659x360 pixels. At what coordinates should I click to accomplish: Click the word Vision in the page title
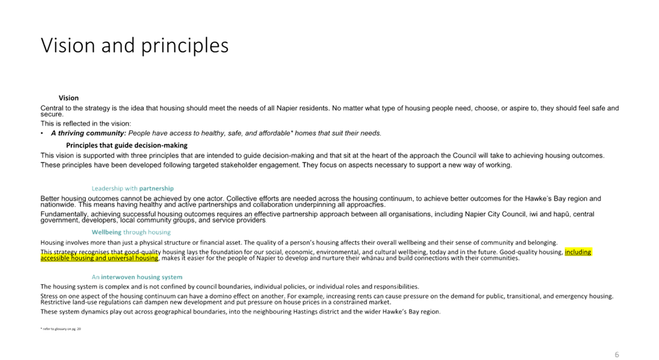(x=66, y=46)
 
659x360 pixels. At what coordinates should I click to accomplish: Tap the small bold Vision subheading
(x=69, y=97)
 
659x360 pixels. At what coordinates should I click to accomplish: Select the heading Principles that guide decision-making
(x=127, y=146)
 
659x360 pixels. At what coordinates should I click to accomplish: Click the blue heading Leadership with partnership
(x=132, y=189)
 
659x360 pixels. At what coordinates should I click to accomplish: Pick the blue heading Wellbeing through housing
(x=131, y=232)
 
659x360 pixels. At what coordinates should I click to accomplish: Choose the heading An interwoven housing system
(x=137, y=277)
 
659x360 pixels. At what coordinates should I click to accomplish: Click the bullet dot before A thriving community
(x=42, y=133)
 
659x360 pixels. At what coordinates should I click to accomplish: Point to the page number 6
(x=617, y=355)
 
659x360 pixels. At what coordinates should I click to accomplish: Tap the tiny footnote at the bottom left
(x=61, y=328)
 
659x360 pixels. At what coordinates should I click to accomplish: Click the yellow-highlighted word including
(x=578, y=252)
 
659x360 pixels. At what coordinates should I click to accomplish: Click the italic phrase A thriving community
(x=88, y=133)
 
